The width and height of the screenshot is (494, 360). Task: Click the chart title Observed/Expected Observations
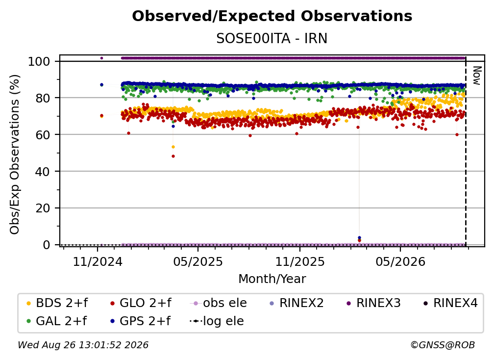tap(272, 16)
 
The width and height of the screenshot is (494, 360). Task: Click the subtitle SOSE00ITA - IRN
tap(272, 39)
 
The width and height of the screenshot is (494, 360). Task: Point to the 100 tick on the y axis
tap(39, 61)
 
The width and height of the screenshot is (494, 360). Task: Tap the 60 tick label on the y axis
tap(43, 134)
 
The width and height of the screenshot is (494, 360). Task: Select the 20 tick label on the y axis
tap(43, 208)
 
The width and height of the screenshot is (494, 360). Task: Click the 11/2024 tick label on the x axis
tap(98, 261)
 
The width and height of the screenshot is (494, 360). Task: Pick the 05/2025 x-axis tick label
tap(198, 261)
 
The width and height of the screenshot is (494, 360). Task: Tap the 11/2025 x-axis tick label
tap(300, 261)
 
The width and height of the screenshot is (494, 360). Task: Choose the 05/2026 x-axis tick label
tap(400, 261)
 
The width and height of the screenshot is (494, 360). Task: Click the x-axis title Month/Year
tap(272, 279)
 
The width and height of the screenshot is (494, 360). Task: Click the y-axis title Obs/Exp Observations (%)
tap(15, 154)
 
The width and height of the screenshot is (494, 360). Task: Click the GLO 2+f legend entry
tap(141, 303)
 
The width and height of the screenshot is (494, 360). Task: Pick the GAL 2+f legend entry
tap(56, 321)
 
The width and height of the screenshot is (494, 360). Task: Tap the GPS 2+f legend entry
tap(140, 321)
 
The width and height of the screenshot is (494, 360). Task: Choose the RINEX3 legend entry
tap(373, 303)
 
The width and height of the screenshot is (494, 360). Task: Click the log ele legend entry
tap(217, 321)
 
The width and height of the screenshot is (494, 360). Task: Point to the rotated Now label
tap(477, 76)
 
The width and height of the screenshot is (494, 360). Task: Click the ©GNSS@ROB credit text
tap(443, 345)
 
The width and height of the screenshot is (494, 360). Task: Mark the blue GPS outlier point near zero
tap(360, 238)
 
